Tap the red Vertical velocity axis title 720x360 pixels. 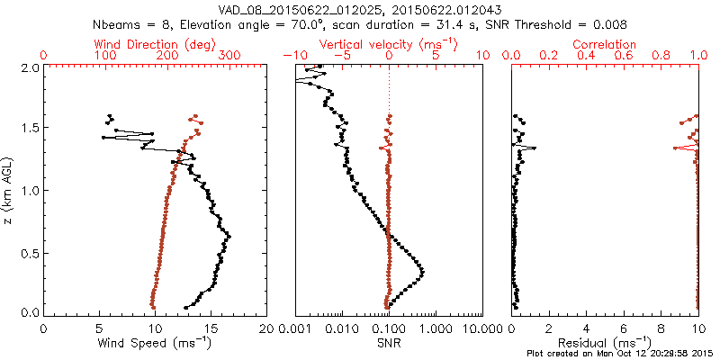pyautogui.click(x=388, y=44)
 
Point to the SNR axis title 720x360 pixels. pyautogui.click(x=388, y=343)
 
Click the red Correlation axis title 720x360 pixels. pyautogui.click(x=605, y=44)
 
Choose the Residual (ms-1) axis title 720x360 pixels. pyautogui.click(x=605, y=343)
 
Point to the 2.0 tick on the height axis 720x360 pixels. pyautogui.click(x=29, y=67)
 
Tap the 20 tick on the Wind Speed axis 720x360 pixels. pyautogui.click(x=267, y=328)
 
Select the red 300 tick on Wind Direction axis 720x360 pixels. pyautogui.click(x=229, y=56)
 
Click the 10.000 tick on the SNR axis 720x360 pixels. pyautogui.click(x=480, y=328)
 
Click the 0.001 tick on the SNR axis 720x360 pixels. pyautogui.click(x=295, y=328)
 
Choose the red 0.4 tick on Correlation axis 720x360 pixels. pyautogui.click(x=586, y=56)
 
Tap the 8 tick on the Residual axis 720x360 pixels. pyautogui.click(x=661, y=328)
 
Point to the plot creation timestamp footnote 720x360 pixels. pyautogui.click(x=620, y=354)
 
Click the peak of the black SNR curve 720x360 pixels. pyautogui.click(x=422, y=271)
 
